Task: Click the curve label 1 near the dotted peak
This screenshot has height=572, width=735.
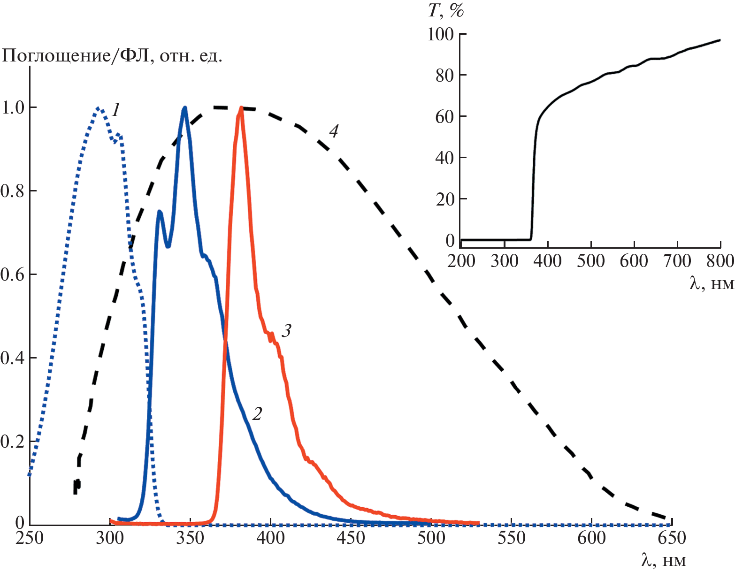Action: [116, 110]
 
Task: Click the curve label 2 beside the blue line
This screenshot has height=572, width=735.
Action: [257, 413]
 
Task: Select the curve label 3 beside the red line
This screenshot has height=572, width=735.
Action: [286, 331]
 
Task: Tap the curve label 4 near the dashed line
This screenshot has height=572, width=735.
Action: [333, 131]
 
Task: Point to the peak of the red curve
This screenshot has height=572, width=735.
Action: [241, 108]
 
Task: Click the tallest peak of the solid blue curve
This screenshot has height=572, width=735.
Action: [185, 108]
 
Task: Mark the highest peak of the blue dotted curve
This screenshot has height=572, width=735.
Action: [99, 108]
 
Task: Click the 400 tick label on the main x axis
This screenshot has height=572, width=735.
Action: [270, 538]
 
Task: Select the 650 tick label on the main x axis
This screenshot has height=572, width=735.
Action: [672, 538]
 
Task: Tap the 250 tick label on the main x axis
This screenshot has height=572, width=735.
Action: [30, 538]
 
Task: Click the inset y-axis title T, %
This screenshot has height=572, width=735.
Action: [445, 11]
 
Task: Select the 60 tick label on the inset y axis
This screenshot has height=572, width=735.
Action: [445, 116]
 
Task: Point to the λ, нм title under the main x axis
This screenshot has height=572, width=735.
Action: [663, 560]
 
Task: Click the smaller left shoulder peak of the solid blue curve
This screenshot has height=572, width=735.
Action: [160, 212]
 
